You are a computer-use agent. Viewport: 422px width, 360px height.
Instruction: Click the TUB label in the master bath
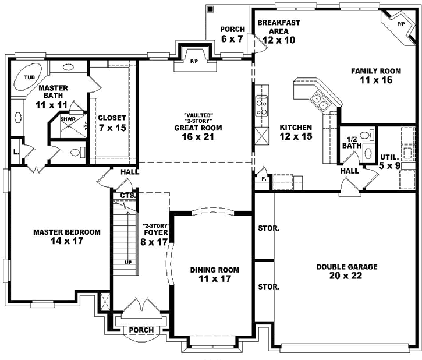(28, 76)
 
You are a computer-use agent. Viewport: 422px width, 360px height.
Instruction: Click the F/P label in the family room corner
(401, 24)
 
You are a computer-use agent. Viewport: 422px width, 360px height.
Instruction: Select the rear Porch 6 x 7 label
(232, 34)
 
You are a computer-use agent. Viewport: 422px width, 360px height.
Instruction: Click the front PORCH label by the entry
(141, 330)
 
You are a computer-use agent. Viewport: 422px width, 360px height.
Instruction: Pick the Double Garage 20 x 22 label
(347, 271)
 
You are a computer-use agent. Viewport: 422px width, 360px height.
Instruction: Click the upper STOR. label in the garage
(268, 228)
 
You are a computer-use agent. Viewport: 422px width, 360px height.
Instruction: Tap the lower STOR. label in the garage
(268, 287)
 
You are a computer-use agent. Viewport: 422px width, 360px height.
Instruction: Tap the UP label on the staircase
(128, 263)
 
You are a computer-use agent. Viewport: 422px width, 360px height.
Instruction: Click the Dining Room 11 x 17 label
(214, 274)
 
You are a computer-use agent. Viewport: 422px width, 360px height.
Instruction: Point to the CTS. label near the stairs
(128, 195)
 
